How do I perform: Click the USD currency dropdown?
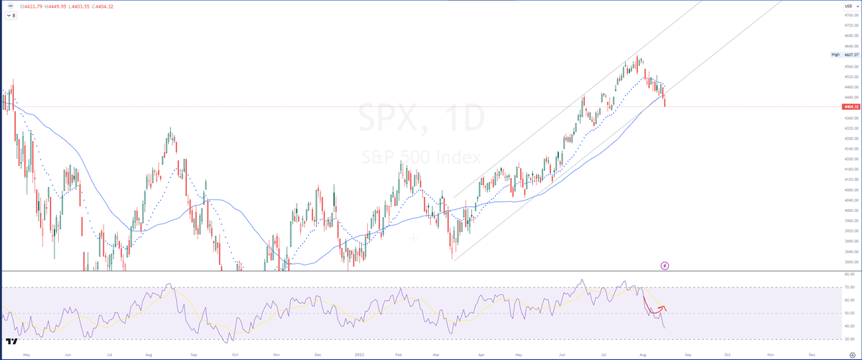pyautogui.click(x=848, y=6)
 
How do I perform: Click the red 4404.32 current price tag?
pyautogui.click(x=849, y=106)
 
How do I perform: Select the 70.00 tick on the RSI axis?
pyautogui.click(x=849, y=287)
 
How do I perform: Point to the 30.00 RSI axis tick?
pyautogui.click(x=849, y=338)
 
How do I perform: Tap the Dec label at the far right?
pyautogui.click(x=812, y=354)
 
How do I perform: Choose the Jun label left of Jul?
pyautogui.click(x=67, y=354)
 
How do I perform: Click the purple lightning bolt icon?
pyautogui.click(x=685, y=265)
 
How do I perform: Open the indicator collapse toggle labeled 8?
pyautogui.click(x=11, y=15)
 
